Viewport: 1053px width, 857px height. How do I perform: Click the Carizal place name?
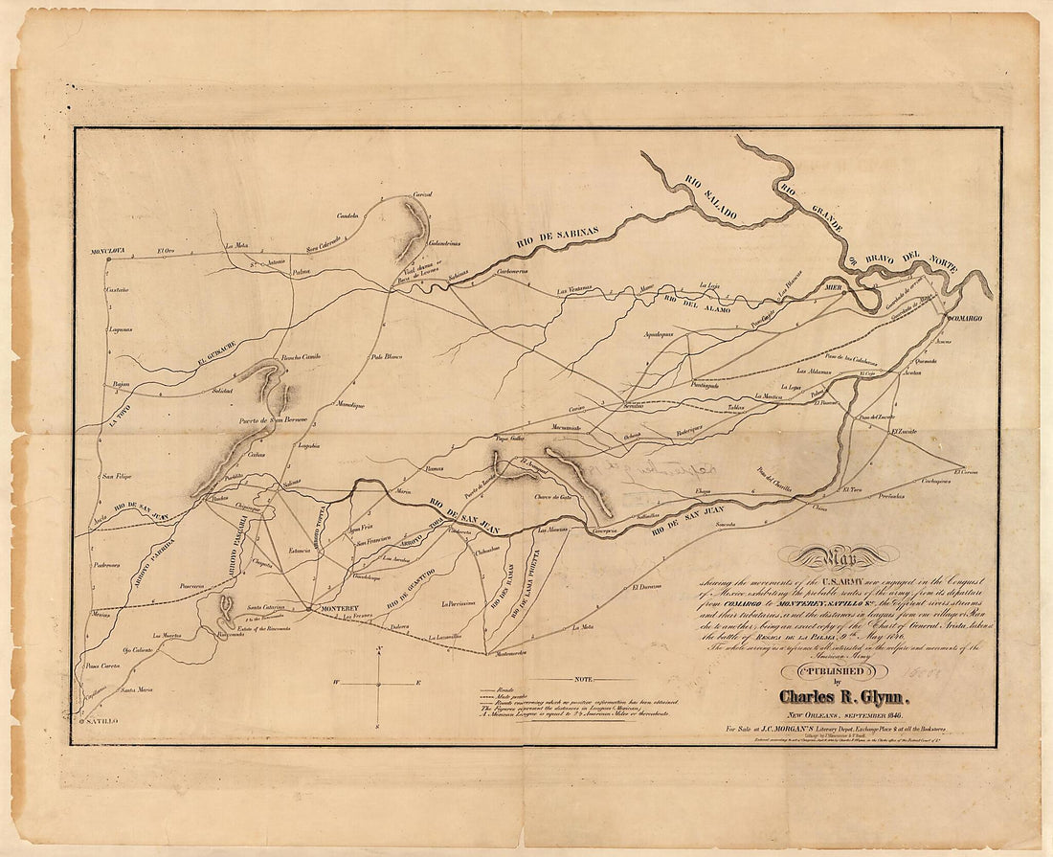(x=422, y=194)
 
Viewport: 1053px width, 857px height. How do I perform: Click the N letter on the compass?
(x=380, y=650)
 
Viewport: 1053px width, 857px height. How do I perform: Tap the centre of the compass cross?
(x=380, y=683)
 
